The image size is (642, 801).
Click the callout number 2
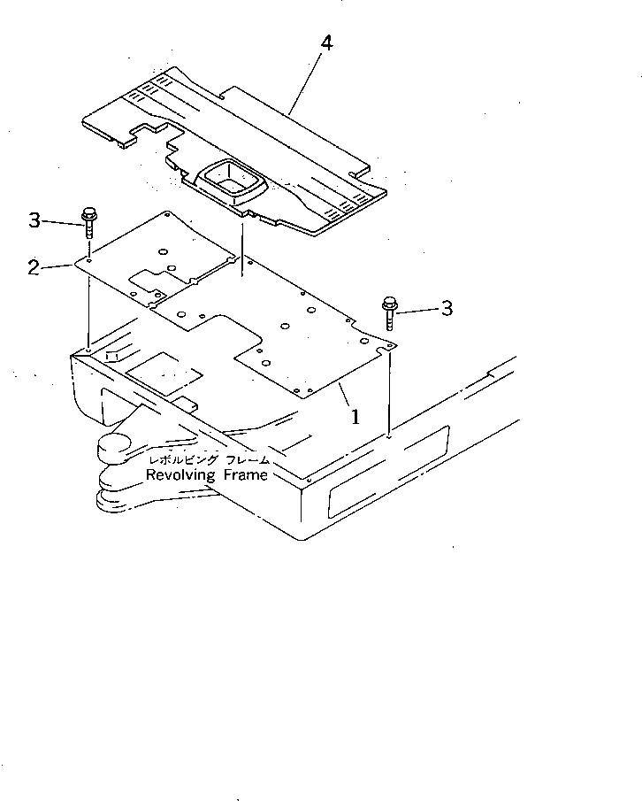(34, 266)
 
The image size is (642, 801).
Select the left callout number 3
(34, 220)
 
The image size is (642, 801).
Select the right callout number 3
(447, 308)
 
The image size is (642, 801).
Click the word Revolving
(180, 475)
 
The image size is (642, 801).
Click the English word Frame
(245, 475)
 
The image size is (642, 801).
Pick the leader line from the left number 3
(62, 220)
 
